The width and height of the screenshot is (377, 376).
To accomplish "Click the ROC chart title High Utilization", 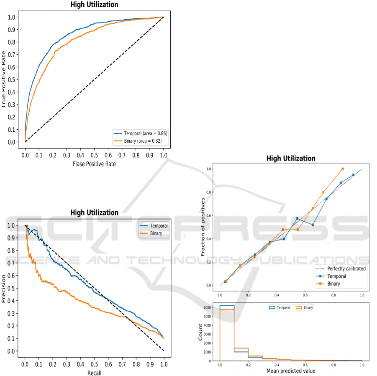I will pyautogui.click(x=94, y=5).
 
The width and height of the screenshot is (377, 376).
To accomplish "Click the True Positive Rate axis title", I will pyautogui.click(x=4, y=79).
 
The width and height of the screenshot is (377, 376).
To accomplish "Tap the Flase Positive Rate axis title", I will pyautogui.click(x=94, y=164).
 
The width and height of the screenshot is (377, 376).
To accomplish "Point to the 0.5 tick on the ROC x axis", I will pyautogui.click(x=94, y=154).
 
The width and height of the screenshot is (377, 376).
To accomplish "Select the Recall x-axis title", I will pyautogui.click(x=94, y=373).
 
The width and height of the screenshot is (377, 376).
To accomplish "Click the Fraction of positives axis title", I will pyautogui.click(x=203, y=227).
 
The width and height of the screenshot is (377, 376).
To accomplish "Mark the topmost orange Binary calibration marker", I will pyautogui.click(x=343, y=169).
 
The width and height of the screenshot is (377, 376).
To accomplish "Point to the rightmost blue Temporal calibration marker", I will pyautogui.click(x=354, y=175).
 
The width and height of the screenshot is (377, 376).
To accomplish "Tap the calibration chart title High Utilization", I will pyautogui.click(x=290, y=159).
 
